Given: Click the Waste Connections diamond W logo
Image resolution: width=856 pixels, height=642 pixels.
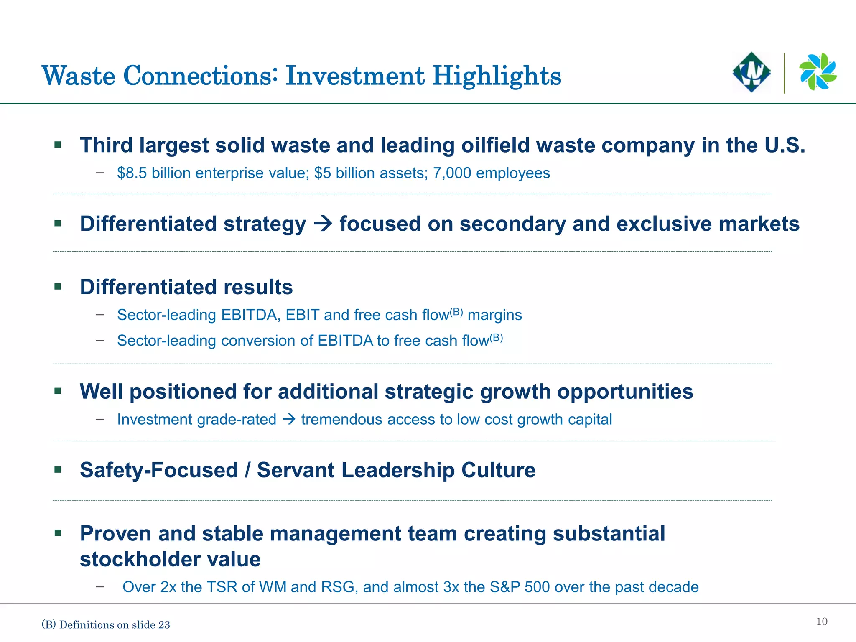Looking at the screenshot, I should click(x=752, y=72).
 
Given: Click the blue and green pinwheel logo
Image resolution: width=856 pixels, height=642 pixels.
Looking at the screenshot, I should click(x=818, y=71).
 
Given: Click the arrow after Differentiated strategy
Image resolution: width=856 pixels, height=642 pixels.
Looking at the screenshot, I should click(x=323, y=224).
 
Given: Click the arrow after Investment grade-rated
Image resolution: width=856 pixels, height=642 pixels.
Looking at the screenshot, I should click(x=289, y=419).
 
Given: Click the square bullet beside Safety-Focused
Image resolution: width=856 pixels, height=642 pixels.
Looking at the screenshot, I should click(x=58, y=470).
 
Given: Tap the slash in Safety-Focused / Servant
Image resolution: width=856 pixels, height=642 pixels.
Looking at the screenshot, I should click(x=248, y=470).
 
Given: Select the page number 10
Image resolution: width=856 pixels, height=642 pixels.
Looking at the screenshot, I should click(x=821, y=622).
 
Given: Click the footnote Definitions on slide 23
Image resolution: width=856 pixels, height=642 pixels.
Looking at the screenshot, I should click(x=114, y=625).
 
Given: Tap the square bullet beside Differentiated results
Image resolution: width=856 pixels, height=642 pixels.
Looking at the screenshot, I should click(x=58, y=287).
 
